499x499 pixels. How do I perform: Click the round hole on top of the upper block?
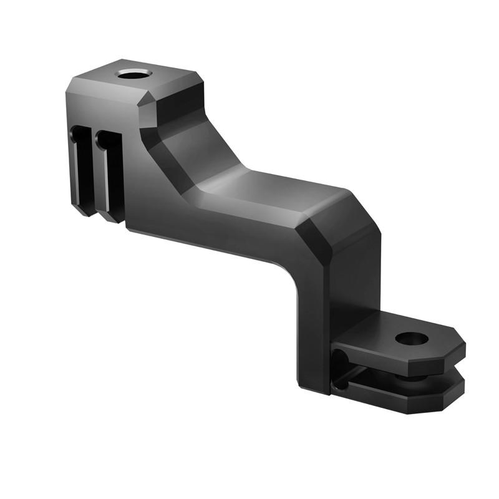tap(134, 74)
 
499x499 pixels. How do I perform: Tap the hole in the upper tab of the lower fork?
tap(412, 339)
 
